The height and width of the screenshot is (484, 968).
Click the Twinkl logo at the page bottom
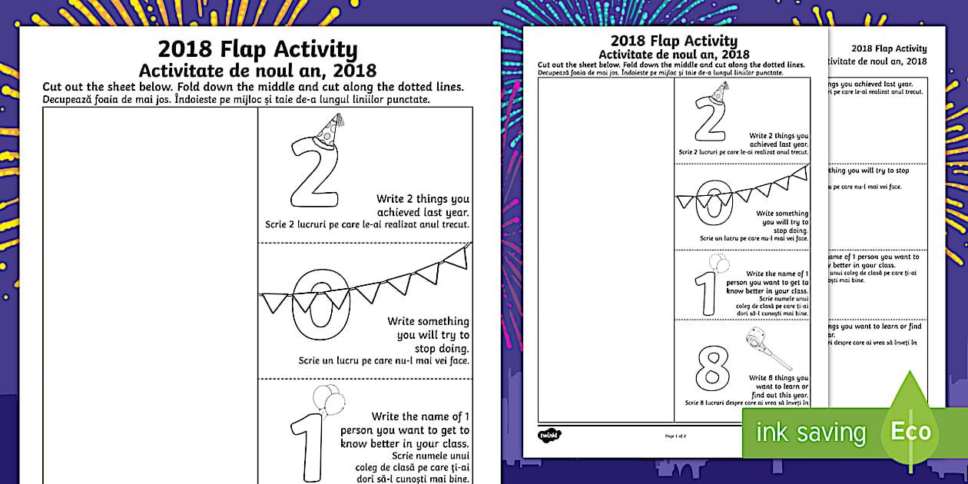click(x=549, y=435)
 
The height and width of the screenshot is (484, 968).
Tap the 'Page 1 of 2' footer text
click(x=675, y=436)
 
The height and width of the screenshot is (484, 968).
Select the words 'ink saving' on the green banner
click(x=811, y=432)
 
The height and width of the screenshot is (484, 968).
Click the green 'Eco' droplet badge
click(x=910, y=430)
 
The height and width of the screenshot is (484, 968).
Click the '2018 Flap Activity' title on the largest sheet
click(x=257, y=49)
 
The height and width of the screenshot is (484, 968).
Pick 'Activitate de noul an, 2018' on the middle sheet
click(x=674, y=54)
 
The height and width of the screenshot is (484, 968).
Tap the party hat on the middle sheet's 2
click(x=719, y=92)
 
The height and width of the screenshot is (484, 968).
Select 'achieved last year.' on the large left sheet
click(x=423, y=212)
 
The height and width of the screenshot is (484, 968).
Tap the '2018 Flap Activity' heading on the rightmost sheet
click(x=889, y=48)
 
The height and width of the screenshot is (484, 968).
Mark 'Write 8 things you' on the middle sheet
click(x=778, y=378)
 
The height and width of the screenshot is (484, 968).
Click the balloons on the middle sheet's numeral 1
click(x=718, y=264)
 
